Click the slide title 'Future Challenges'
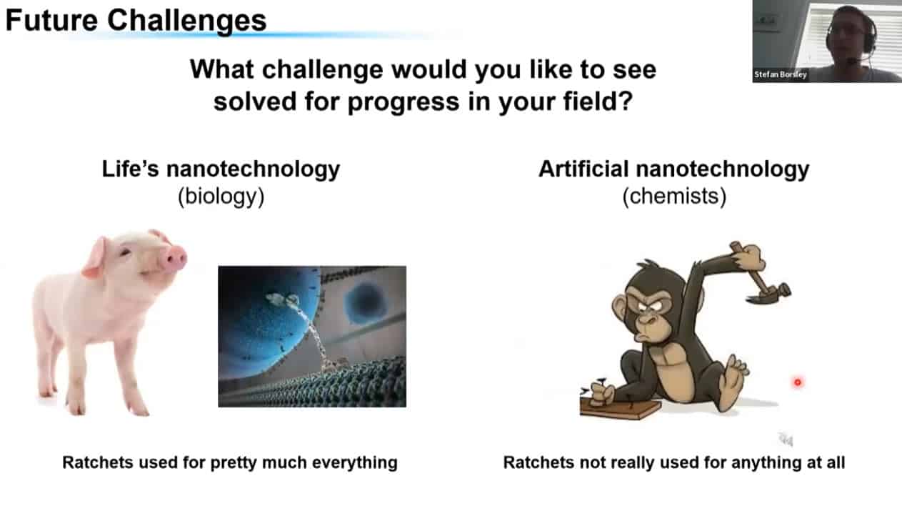pyautogui.click(x=136, y=21)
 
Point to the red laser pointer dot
pyautogui.click(x=798, y=382)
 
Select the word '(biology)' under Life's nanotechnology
pyautogui.click(x=221, y=197)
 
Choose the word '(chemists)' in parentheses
pyautogui.click(x=674, y=197)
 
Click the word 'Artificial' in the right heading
pyautogui.click(x=584, y=169)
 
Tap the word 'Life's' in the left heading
pyautogui.click(x=131, y=169)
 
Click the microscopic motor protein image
pyautogui.click(x=312, y=337)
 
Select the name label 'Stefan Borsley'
pyautogui.click(x=781, y=74)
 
